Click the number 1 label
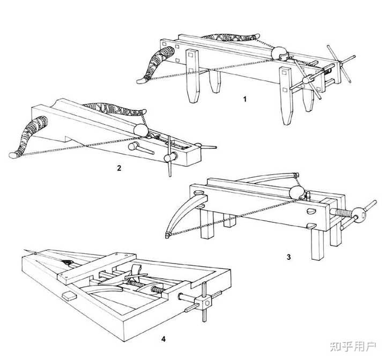244,99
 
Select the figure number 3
288,257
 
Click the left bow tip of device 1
141,81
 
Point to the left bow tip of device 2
13,155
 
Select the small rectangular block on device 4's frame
68,296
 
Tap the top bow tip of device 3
296,175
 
